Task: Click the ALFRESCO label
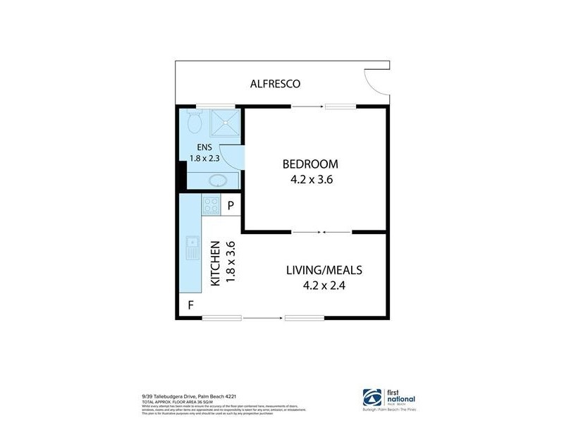pos(276,84)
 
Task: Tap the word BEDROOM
pos(310,164)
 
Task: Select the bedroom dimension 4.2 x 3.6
pos(311,179)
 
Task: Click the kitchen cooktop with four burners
pos(211,205)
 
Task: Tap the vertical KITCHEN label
pos(216,264)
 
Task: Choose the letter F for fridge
pos(190,306)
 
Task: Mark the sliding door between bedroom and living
pos(321,231)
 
